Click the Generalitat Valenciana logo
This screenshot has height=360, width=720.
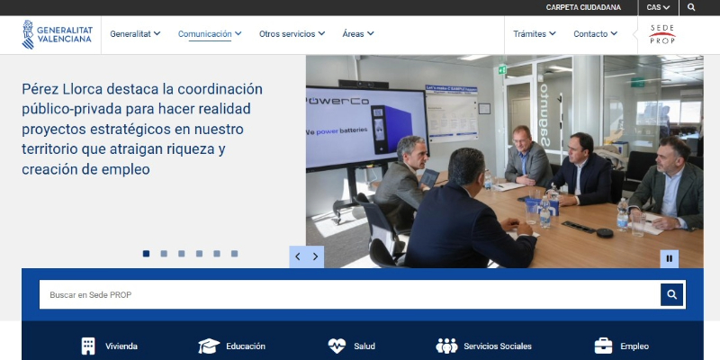(58, 34)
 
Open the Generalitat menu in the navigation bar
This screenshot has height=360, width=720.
(135, 34)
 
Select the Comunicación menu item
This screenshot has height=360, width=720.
(210, 34)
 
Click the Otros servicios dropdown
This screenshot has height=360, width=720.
(292, 34)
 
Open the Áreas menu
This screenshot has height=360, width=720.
(357, 34)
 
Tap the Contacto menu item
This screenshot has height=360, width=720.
(595, 34)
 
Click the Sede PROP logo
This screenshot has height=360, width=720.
(662, 34)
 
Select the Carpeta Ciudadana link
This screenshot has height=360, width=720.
(583, 7)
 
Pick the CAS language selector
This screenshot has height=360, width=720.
(658, 7)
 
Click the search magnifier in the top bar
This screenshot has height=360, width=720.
(691, 7)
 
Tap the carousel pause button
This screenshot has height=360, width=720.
(669, 258)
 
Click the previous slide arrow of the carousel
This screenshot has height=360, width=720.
(298, 256)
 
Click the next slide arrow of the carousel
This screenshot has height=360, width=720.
(316, 256)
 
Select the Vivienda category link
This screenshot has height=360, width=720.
(109, 346)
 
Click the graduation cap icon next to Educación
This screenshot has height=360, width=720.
(209, 346)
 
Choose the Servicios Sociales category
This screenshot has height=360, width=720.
(484, 346)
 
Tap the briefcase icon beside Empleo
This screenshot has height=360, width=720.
(603, 346)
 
